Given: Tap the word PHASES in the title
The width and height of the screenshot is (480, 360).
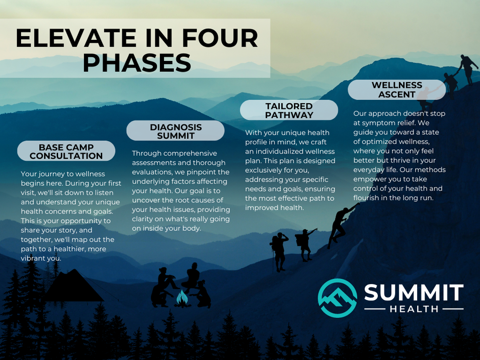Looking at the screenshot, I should tap(137, 63).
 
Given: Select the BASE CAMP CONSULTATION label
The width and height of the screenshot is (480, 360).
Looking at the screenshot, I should tap(66, 151).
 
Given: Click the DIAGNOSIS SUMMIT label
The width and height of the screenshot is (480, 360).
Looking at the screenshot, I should tap(176, 131).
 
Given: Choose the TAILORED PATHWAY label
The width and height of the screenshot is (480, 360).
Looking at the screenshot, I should tap(289, 110).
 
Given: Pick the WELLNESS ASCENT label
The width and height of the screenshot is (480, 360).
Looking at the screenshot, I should tap(397, 90).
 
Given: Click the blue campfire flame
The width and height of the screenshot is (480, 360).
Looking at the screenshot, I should tap(182, 298).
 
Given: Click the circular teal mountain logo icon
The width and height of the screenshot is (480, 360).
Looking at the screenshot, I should tap(337, 298).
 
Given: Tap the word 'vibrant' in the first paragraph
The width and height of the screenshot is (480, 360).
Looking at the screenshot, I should tap(34, 258).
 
